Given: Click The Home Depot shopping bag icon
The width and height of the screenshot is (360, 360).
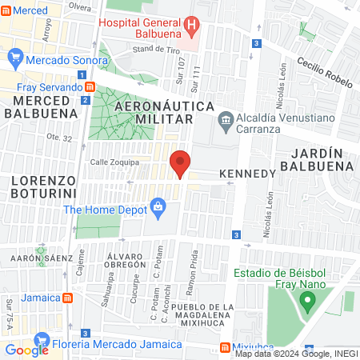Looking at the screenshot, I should (x=158, y=209).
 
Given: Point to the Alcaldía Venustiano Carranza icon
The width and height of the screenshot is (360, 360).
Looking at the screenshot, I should (x=226, y=121).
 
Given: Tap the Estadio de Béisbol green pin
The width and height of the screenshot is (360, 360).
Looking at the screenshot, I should (x=305, y=302).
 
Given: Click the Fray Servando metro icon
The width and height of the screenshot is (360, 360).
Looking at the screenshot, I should (x=90, y=86).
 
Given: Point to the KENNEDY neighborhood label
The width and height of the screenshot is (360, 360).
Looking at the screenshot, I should (x=247, y=173).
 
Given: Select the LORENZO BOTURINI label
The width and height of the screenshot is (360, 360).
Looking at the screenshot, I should (x=44, y=188).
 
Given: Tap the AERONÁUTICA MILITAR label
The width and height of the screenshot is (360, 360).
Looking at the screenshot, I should (x=154, y=113).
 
